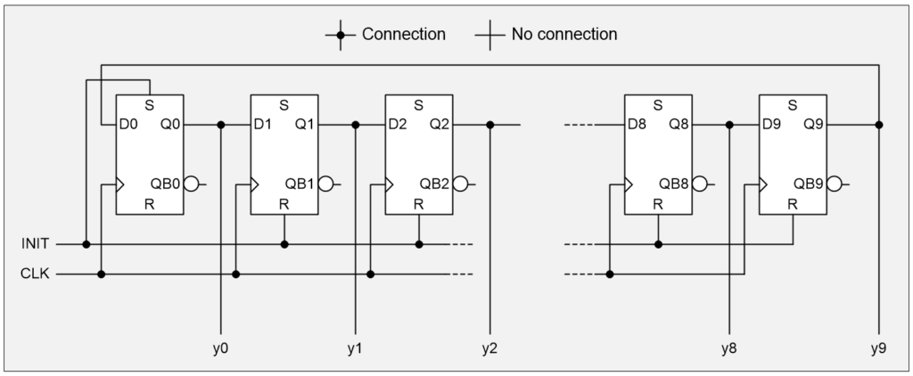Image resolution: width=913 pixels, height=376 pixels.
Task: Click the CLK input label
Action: [37, 274]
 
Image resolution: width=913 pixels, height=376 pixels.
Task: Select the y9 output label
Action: [878, 347]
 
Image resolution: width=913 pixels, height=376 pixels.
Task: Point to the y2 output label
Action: [489, 347]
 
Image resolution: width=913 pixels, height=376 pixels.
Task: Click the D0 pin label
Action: [128, 124]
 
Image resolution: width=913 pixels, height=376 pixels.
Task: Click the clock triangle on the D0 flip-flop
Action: [120, 185]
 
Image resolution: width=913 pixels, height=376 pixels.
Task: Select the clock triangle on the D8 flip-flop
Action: [629, 185]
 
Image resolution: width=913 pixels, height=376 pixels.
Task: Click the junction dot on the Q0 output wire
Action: [220, 124]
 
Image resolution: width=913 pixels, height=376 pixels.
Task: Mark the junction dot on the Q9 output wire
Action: [878, 124]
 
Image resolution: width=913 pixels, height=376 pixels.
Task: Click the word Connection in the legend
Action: [403, 35]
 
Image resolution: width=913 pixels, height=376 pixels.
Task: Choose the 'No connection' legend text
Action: [563, 35]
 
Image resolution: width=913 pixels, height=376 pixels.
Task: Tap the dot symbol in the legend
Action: [340, 36]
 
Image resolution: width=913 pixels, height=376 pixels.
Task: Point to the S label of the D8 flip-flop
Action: [657, 105]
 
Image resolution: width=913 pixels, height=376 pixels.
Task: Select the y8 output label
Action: [729, 347]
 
